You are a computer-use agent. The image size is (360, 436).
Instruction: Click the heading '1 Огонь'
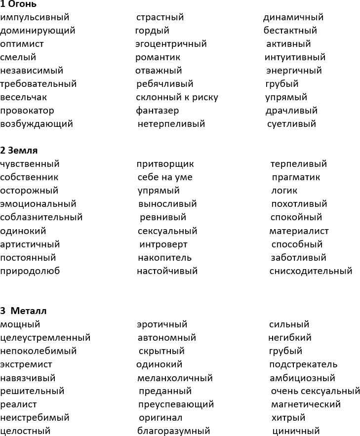18,4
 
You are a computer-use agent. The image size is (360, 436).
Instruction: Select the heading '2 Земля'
19,151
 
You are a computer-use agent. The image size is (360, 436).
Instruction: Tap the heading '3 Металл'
23,311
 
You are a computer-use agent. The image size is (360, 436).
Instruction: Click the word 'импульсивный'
35,18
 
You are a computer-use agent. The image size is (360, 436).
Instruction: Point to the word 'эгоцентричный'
171,44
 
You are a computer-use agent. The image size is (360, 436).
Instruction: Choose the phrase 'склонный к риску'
177,97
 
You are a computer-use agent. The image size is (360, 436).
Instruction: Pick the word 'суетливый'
291,124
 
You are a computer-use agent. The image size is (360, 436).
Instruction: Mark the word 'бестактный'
290,31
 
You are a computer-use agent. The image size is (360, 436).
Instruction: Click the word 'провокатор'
27,111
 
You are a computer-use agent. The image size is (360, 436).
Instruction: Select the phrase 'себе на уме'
165,177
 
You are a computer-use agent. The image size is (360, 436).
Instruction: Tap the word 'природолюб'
30,271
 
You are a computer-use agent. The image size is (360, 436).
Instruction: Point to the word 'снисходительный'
311,271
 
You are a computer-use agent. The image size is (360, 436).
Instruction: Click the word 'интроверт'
163,244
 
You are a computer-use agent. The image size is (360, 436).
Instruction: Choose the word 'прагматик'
296,177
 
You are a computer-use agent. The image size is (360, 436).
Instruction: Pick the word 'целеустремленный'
45,338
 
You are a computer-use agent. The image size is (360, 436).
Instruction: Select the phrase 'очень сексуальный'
316,392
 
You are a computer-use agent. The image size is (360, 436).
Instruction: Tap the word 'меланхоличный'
175,378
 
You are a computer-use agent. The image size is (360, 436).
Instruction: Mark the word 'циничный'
296,432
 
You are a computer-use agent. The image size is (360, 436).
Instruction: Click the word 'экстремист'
26,365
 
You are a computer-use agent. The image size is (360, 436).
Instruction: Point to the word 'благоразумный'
173,432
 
